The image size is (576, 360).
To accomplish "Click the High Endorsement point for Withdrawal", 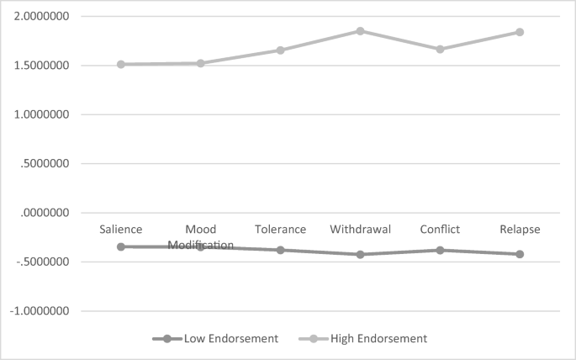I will [360, 31].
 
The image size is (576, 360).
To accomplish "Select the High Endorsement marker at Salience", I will [121, 64].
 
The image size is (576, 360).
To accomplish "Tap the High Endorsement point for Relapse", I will [520, 32].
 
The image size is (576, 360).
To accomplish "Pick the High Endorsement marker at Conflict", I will [440, 50].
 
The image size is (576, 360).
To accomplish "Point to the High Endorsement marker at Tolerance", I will [281, 50].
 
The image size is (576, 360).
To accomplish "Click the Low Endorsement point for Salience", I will [121, 246].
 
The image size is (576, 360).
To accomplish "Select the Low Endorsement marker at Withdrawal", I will [360, 254].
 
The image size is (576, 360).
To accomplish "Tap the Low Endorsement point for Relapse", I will [520, 254].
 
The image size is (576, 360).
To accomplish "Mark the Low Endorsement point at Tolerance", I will [281, 250].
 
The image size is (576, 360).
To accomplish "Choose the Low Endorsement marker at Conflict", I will [440, 250].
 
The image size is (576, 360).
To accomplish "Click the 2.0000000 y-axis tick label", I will [45, 17].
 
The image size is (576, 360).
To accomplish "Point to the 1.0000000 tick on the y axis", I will [45, 114].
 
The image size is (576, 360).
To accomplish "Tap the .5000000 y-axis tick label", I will [48, 164].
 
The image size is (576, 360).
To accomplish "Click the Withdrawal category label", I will [360, 230].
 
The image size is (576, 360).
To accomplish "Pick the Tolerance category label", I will [281, 230].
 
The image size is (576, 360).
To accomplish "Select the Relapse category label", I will [520, 230].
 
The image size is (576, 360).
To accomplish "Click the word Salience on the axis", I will [121, 230].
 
